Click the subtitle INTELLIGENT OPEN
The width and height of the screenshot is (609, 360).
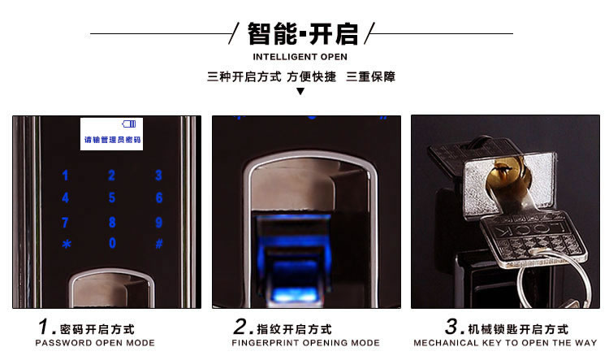300,57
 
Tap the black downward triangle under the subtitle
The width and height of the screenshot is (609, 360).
300,91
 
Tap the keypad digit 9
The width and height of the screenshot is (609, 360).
159,222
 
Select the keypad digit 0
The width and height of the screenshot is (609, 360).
112,243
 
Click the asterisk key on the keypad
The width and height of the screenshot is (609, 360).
66,244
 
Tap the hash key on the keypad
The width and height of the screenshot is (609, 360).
159,243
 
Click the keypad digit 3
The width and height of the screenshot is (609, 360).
159,175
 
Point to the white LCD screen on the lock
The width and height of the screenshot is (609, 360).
111,133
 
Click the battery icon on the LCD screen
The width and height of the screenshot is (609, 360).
130,124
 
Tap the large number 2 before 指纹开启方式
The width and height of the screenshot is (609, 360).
240,327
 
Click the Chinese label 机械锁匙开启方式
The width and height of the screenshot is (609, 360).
518,329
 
